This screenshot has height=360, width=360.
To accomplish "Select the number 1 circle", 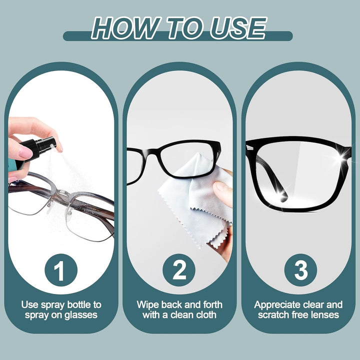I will coord(60,271).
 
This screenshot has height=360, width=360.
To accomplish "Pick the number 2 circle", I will coord(179,271).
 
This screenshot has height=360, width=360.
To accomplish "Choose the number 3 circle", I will coord(300,271).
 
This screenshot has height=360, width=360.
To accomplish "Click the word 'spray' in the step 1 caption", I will coord(48,304).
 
